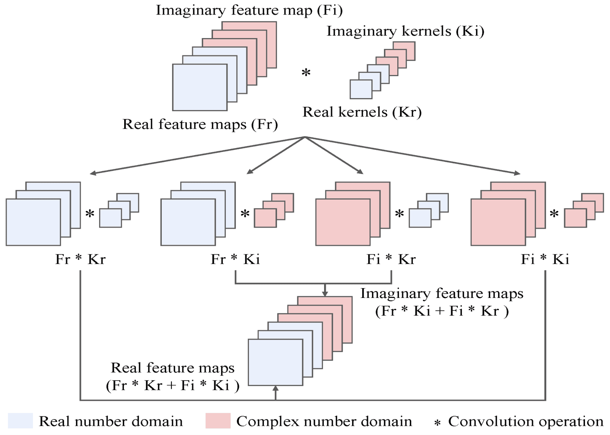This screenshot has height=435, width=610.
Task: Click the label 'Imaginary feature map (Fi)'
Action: click(249, 11)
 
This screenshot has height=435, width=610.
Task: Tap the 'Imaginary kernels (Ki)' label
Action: click(406, 31)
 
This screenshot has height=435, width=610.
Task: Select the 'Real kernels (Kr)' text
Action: click(362, 112)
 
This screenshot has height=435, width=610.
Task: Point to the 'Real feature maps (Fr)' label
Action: click(200, 125)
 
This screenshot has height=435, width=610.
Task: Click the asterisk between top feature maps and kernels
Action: click(306, 73)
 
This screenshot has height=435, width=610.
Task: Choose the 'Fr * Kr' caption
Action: click(80, 259)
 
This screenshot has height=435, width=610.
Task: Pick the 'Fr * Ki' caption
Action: click(235, 259)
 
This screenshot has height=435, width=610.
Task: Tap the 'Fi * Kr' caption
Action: click(391, 259)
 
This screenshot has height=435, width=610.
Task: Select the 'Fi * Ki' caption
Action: click(545, 259)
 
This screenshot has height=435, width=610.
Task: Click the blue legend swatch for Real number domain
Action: click(20, 421)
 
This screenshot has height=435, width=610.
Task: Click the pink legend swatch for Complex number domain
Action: click(218, 421)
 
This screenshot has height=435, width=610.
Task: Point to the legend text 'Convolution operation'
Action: click(526, 422)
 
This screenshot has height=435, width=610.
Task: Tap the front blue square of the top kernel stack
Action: click(361, 89)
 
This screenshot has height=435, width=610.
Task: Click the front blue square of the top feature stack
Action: click(200, 87)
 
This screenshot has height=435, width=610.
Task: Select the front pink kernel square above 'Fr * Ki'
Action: click(265, 218)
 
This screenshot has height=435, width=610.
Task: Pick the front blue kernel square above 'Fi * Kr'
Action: click(420, 218)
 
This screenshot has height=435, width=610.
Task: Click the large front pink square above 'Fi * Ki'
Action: click(498, 222)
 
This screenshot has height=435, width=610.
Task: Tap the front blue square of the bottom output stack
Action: click(276, 362)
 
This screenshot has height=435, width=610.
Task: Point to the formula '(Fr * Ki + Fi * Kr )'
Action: click(442, 311)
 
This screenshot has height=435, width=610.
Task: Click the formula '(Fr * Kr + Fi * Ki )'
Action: click(173, 386)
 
